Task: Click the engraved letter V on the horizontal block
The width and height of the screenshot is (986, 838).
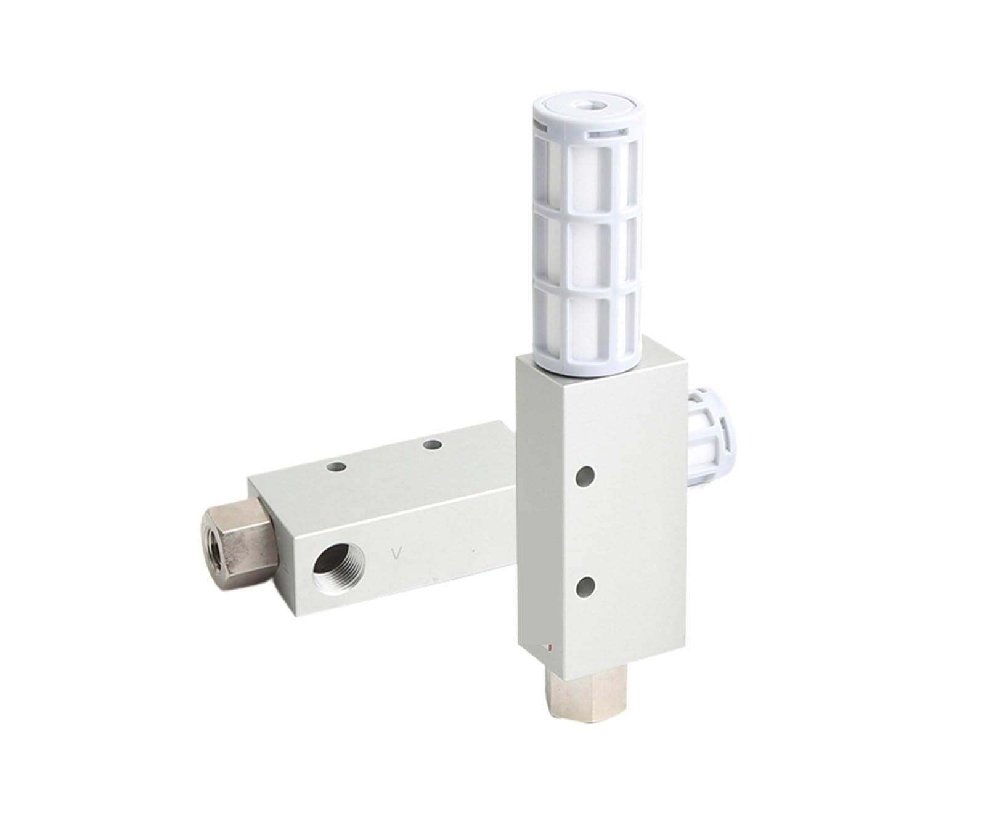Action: [x=399, y=553]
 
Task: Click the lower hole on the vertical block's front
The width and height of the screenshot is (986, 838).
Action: [x=585, y=585]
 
